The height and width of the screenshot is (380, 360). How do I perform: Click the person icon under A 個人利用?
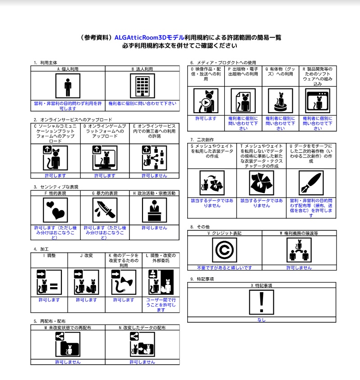pos(68,86)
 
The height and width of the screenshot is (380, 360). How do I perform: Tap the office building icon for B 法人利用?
pos(143,86)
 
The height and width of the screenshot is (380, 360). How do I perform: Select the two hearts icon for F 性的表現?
pos(55,210)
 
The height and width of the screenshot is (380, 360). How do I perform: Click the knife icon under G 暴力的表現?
pos(105,210)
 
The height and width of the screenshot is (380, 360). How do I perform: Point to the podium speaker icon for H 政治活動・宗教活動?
pos(155,210)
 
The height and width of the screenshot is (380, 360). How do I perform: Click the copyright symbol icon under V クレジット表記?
pos(224,250)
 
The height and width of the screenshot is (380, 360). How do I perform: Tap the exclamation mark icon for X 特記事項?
pos(262,302)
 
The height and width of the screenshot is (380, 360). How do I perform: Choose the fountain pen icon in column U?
pos(311,183)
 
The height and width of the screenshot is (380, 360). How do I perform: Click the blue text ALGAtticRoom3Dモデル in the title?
pos(149,37)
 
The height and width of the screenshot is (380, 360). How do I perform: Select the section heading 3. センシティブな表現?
pos(56,187)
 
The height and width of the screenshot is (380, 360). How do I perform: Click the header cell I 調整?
pos(50,256)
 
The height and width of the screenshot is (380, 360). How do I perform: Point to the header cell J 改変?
pos(86,256)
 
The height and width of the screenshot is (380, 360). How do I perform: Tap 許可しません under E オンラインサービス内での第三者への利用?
pos(155,175)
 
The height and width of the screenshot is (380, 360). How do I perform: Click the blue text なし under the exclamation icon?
pos(262,320)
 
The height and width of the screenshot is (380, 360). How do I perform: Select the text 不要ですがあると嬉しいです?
pos(224,268)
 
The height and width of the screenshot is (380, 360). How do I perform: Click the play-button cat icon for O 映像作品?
pos(206,101)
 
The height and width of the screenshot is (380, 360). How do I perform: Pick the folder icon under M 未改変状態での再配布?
pos(68,344)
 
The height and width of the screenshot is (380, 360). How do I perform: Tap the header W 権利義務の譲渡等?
pos(299,233)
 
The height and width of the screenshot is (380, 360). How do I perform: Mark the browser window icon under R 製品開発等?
pos(318,101)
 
